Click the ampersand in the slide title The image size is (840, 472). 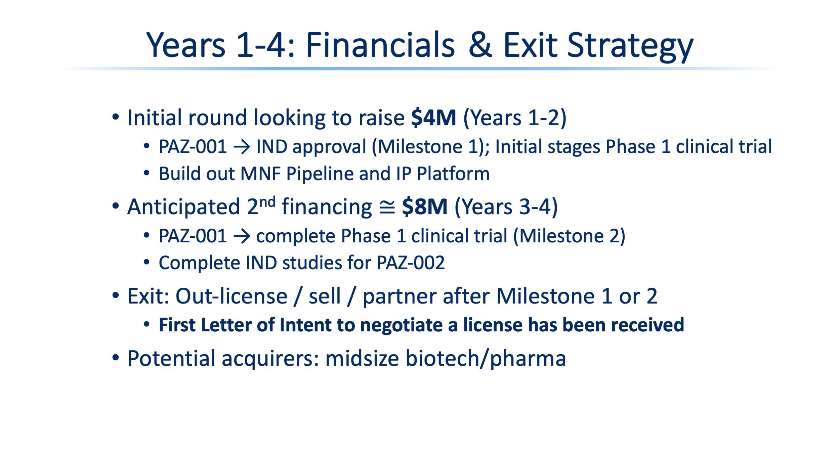click(x=480, y=45)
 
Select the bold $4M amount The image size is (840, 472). click(x=433, y=117)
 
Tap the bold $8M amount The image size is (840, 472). click(x=425, y=206)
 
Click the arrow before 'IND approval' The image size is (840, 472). click(x=242, y=147)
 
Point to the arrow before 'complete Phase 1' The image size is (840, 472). click(x=242, y=236)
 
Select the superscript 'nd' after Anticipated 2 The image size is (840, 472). click(x=267, y=202)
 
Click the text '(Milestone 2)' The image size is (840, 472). click(x=569, y=236)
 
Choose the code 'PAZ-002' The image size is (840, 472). click(x=411, y=263)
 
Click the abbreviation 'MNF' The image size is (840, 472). click(x=261, y=174)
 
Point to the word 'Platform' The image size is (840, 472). click(x=453, y=174)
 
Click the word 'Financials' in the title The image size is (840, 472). click(x=380, y=45)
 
